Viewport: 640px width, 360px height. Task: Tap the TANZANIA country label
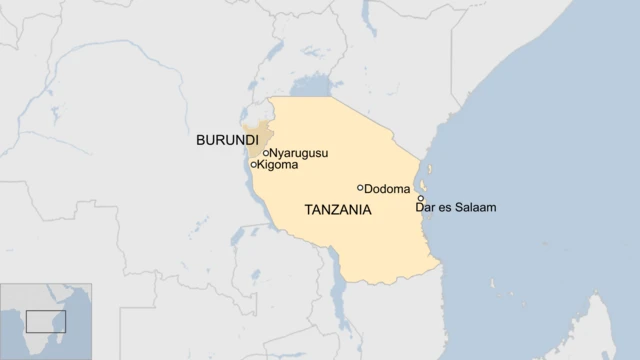[x=338, y=210]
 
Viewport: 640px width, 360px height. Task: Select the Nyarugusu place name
[x=299, y=153]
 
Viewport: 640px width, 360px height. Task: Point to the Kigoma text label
[x=277, y=165]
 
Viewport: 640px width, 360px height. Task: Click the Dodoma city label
[x=387, y=189]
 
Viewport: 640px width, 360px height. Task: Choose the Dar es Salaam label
[x=456, y=208]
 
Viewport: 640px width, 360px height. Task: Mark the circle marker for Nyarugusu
[x=266, y=153]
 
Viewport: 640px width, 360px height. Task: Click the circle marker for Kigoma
[x=253, y=164]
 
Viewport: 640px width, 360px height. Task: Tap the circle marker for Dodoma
[x=360, y=188]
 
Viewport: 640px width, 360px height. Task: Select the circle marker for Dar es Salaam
[x=421, y=198]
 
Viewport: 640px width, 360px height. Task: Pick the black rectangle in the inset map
[x=45, y=321]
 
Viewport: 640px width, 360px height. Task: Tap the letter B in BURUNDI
[x=201, y=140]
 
